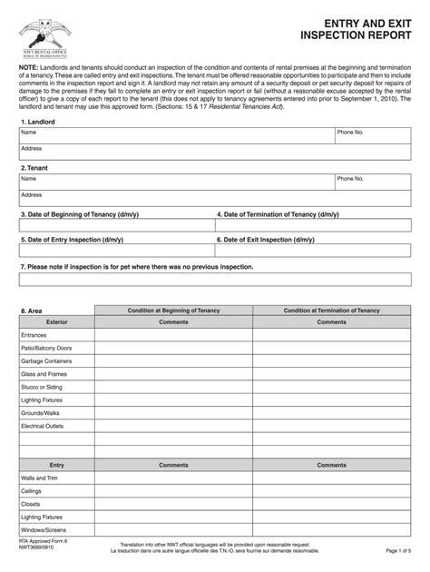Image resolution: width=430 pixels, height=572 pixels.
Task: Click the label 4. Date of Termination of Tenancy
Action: [x=278, y=215]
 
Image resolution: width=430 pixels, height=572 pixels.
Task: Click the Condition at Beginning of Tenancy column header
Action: [x=173, y=310]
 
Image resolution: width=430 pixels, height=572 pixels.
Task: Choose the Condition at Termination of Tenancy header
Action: [x=331, y=310]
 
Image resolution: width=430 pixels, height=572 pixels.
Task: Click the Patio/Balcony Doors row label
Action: [x=46, y=348]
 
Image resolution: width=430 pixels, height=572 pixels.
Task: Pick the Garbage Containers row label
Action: [x=47, y=360]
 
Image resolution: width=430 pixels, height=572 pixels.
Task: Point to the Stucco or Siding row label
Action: [x=43, y=387]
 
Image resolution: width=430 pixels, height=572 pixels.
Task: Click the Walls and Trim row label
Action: [x=40, y=477]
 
